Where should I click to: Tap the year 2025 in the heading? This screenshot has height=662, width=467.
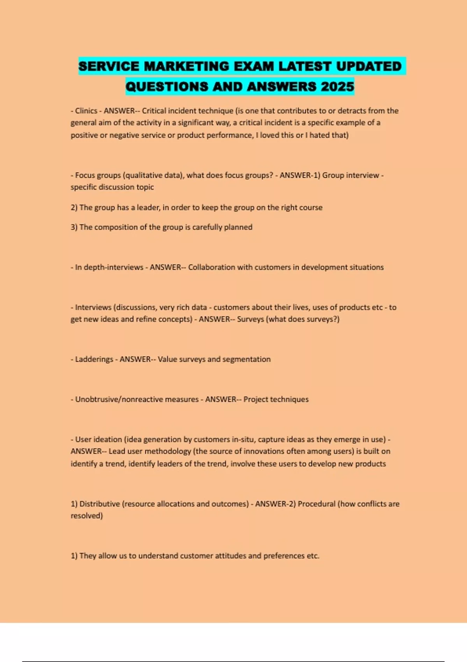337,86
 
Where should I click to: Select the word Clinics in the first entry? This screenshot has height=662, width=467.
86,111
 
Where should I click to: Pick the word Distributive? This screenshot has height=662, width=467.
100,504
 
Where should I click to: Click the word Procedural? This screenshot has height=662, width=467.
316,504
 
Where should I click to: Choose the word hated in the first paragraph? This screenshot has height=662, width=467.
319,135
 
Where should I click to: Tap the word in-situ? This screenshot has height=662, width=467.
243,439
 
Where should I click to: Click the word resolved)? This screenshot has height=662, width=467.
86,516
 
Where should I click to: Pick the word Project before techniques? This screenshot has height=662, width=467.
256,399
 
